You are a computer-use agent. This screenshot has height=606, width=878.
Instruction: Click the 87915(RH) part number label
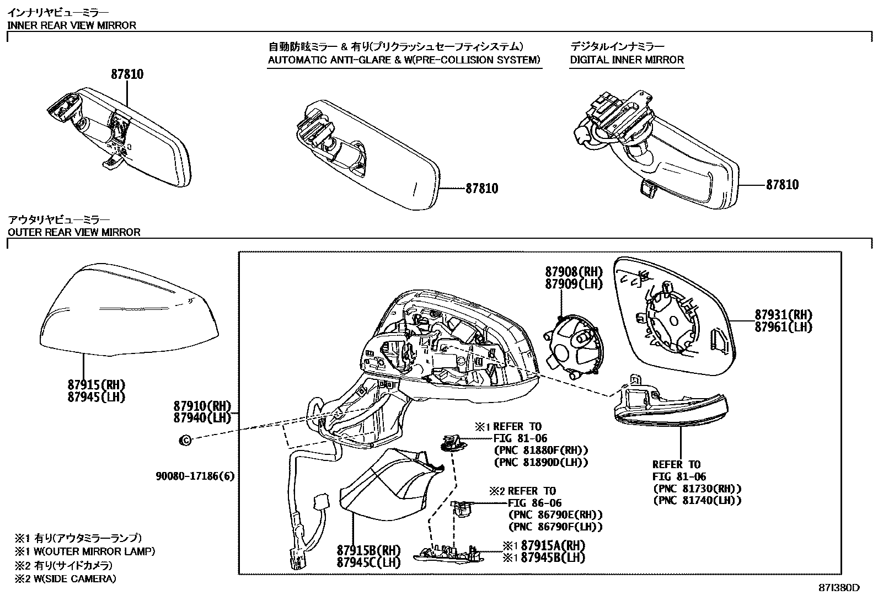97,384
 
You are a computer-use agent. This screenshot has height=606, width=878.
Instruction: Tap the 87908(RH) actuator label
574,272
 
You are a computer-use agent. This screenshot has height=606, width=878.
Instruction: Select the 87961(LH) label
784,327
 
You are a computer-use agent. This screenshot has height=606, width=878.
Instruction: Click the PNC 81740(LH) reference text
697,501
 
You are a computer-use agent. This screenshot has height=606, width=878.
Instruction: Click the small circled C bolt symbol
186,440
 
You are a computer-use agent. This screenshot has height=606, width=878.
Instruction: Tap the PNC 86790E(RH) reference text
555,514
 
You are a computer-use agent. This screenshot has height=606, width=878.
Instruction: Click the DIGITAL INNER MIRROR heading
627,60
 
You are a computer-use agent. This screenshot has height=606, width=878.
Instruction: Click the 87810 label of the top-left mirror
127,74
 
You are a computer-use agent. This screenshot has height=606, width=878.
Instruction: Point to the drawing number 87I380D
838,588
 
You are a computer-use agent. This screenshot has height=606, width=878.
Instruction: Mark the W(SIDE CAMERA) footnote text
72,578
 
